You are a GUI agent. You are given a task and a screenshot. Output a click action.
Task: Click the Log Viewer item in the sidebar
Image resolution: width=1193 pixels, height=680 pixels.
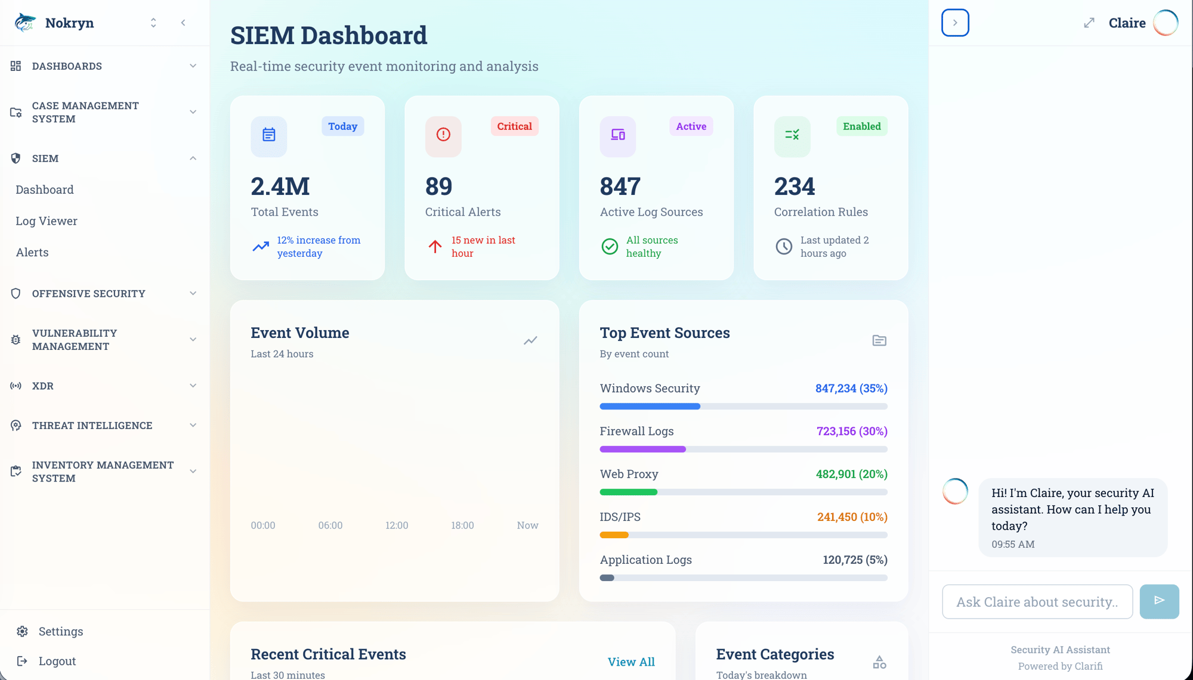47,221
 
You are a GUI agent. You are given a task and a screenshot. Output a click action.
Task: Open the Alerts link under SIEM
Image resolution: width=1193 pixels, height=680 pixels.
32,252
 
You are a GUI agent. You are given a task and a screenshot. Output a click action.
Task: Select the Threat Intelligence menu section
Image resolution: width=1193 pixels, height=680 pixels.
92,425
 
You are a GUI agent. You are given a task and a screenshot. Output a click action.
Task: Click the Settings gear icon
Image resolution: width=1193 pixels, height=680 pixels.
23,631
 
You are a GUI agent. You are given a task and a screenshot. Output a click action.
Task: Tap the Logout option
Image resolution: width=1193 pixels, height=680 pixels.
57,661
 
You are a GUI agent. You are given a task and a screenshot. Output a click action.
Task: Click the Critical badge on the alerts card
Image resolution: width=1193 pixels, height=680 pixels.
514,126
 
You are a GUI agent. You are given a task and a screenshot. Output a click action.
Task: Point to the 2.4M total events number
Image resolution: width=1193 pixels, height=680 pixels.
280,187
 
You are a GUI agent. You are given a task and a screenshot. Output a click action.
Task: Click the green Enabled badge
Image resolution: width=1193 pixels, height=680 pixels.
861,126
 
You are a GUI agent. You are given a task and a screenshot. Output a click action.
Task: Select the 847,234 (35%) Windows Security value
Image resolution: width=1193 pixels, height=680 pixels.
851,389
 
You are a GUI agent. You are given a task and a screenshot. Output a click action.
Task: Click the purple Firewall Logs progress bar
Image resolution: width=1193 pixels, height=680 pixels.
642,449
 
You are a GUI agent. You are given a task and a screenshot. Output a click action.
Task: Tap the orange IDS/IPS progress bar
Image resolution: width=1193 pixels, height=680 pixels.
614,535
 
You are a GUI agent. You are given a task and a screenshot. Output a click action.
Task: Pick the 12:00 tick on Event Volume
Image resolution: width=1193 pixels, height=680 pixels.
397,525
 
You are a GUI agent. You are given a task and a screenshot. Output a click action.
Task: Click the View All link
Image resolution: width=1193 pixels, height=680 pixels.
631,662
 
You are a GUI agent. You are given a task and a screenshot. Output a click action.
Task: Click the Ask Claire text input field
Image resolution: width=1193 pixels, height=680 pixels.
1037,602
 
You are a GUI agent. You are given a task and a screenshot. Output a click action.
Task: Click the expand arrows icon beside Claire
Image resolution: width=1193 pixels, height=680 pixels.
1089,23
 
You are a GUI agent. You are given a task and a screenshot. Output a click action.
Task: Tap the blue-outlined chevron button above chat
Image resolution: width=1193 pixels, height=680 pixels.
955,23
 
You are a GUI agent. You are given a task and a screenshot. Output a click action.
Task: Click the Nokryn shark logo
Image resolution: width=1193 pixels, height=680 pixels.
25,23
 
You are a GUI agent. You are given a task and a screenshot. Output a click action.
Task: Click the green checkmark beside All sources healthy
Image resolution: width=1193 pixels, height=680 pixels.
610,246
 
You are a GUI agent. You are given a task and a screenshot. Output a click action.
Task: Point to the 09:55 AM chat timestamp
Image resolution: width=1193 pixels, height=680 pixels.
1013,544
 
